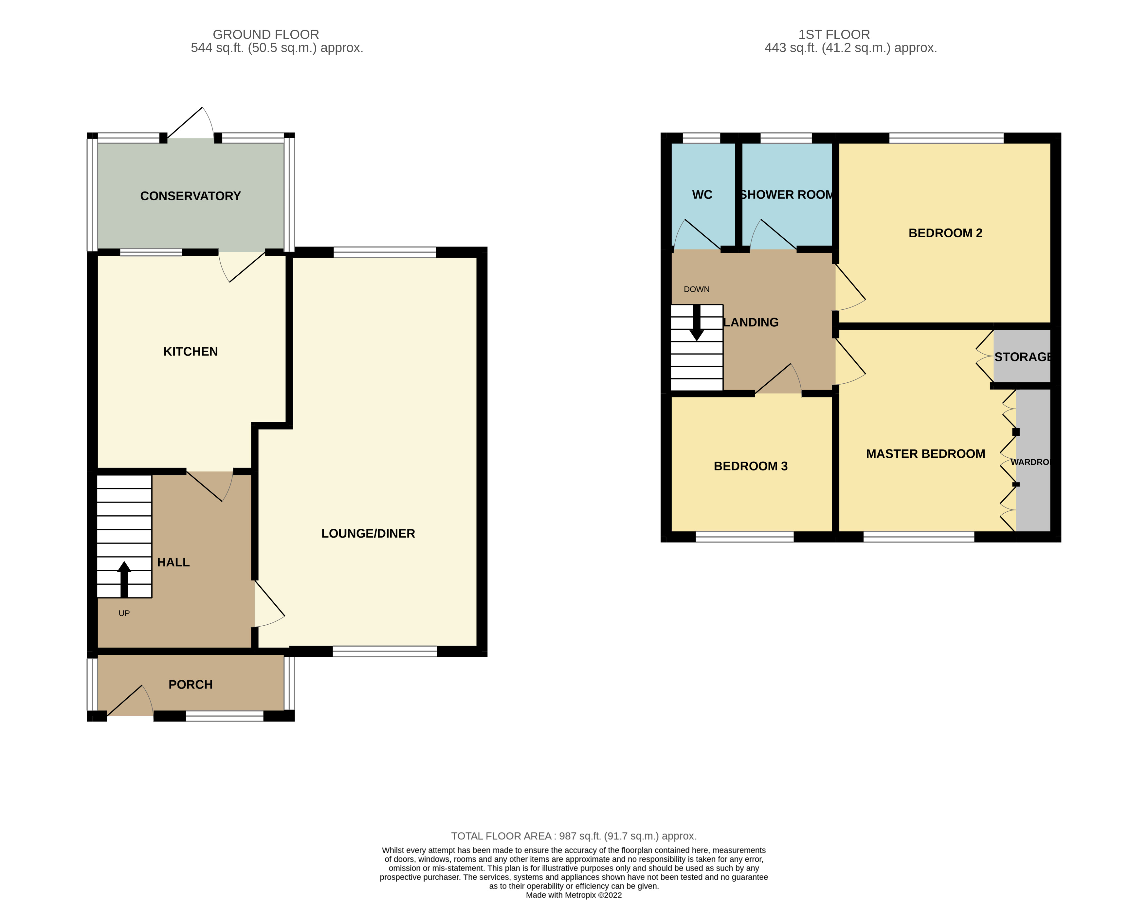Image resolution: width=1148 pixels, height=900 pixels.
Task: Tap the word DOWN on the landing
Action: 697,289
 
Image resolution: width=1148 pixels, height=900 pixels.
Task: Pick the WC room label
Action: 702,195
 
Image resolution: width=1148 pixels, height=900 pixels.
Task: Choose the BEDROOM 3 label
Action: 750,466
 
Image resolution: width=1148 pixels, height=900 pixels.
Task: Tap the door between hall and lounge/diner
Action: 269,603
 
